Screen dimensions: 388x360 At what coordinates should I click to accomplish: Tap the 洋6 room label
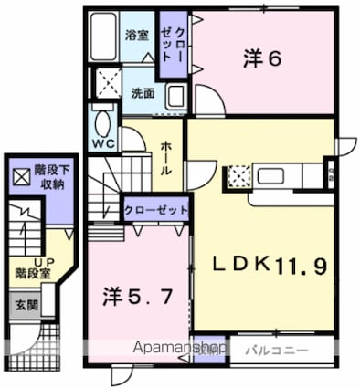(260, 58)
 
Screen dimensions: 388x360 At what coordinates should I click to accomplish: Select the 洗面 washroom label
(142, 92)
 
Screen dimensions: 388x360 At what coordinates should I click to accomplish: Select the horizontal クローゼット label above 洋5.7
(156, 210)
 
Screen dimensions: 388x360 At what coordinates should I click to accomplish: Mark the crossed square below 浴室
(110, 82)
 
